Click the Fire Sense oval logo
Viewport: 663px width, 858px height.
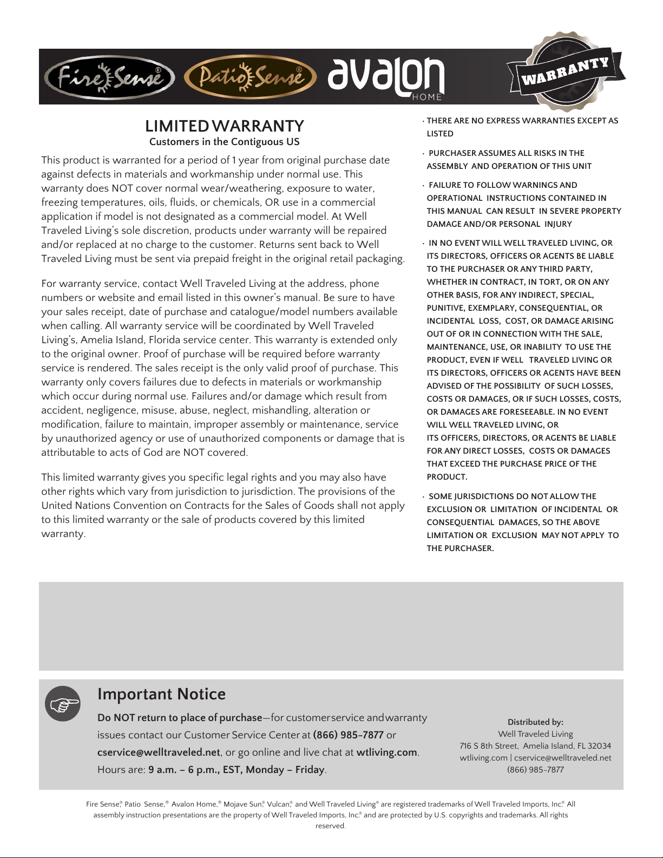point(110,78)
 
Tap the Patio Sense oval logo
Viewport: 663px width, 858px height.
point(250,78)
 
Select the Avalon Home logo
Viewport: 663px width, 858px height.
point(386,78)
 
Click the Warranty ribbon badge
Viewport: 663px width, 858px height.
point(566,72)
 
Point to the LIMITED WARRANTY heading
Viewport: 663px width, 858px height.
point(224,126)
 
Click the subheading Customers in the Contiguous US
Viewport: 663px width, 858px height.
point(224,142)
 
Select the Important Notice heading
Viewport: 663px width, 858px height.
point(161,694)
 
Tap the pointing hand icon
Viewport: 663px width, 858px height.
point(63,704)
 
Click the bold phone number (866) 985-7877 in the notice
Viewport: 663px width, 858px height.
point(348,735)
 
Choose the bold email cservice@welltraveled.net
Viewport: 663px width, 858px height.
point(159,752)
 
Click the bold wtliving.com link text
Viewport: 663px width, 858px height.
point(386,752)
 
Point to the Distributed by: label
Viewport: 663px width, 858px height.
point(535,722)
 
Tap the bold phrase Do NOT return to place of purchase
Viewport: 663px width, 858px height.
point(180,718)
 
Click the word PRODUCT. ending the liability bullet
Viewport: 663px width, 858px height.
point(447,477)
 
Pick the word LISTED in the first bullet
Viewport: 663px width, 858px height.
point(440,134)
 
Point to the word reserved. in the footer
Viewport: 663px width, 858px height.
point(331,826)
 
